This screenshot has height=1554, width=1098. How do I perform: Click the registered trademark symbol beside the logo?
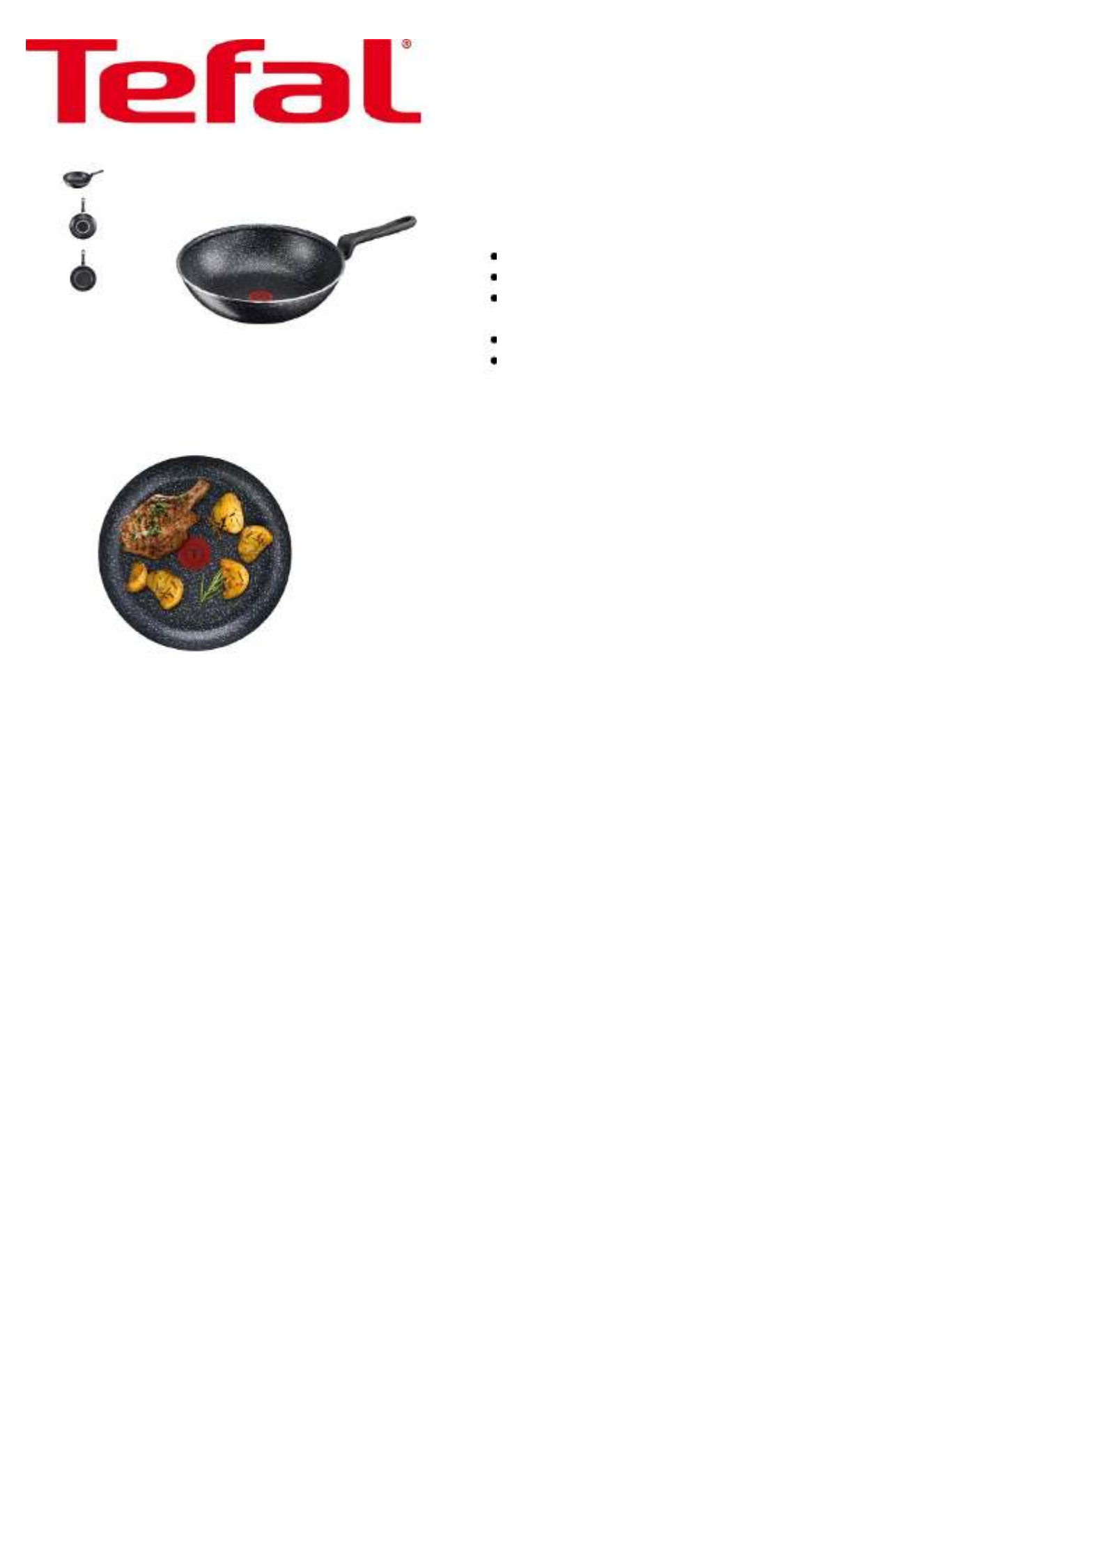pyautogui.click(x=406, y=44)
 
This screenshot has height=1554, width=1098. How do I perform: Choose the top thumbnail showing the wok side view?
pyautogui.click(x=83, y=178)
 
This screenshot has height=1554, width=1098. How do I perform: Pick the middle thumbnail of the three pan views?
pyautogui.click(x=83, y=220)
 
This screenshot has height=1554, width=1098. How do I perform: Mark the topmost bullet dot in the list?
pyautogui.click(x=494, y=256)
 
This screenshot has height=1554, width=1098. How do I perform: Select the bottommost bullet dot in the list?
pyautogui.click(x=494, y=361)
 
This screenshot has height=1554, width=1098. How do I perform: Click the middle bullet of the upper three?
pyautogui.click(x=494, y=277)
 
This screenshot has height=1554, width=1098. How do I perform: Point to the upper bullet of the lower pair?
pyautogui.click(x=494, y=340)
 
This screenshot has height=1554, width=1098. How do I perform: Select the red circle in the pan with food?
pyautogui.click(x=195, y=555)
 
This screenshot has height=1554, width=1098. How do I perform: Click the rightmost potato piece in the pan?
pyautogui.click(x=255, y=543)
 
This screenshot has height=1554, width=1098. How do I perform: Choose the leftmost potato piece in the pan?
pyautogui.click(x=137, y=576)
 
